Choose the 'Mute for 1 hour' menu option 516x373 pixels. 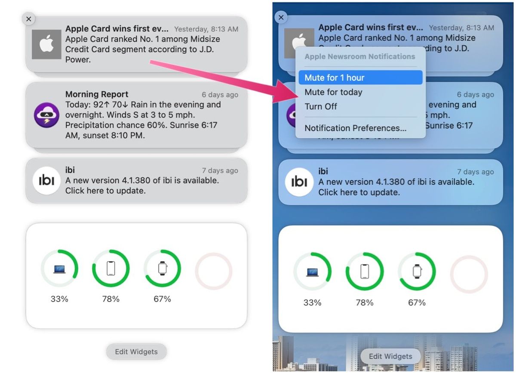[334, 78]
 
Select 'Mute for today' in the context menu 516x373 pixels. [333, 92]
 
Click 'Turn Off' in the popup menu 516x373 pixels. [321, 107]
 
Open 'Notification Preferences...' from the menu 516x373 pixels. [355, 128]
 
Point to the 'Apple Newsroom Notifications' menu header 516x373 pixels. [359, 56]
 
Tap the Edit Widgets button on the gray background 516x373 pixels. [136, 351]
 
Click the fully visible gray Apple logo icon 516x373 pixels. [46, 44]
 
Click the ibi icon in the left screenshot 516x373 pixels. [46, 181]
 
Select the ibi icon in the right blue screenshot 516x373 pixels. [299, 182]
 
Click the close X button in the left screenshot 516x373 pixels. [28, 19]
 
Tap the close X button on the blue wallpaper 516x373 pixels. [281, 17]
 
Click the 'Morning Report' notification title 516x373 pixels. [97, 94]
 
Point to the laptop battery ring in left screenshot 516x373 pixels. [59, 269]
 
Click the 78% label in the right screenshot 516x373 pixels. [365, 302]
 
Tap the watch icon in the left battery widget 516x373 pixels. [162, 268]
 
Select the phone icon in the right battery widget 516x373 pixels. [365, 271]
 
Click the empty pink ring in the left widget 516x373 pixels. [214, 271]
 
